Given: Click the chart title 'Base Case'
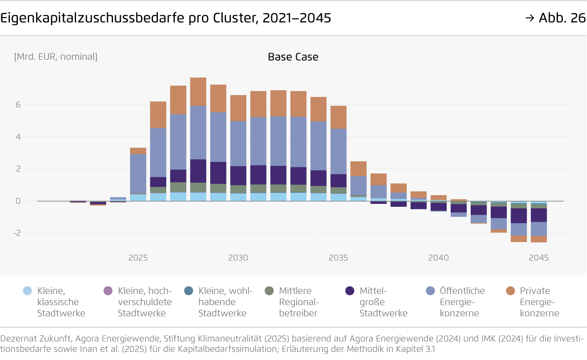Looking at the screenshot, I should click(293, 57).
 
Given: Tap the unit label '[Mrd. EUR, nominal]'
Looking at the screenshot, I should click(56, 57).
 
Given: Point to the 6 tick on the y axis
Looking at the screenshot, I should click(18, 105).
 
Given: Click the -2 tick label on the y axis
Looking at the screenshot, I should click(17, 233).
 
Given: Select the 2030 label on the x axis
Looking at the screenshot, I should click(238, 258).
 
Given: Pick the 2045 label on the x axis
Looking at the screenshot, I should click(538, 258).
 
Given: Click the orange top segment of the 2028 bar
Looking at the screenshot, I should click(198, 92).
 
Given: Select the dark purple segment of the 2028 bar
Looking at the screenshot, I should click(198, 171).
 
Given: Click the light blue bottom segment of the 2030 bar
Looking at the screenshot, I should click(238, 197).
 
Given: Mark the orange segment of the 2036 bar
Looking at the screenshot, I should click(359, 169).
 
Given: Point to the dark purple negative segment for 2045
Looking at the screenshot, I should click(539, 215).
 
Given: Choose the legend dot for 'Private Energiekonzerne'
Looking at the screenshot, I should click(511, 291).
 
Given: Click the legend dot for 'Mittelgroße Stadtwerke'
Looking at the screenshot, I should click(350, 291).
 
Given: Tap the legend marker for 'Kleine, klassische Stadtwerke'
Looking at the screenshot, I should click(27, 291).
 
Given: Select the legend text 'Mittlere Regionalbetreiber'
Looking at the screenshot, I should click(299, 302).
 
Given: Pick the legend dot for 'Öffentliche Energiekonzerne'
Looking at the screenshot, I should click(430, 291).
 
